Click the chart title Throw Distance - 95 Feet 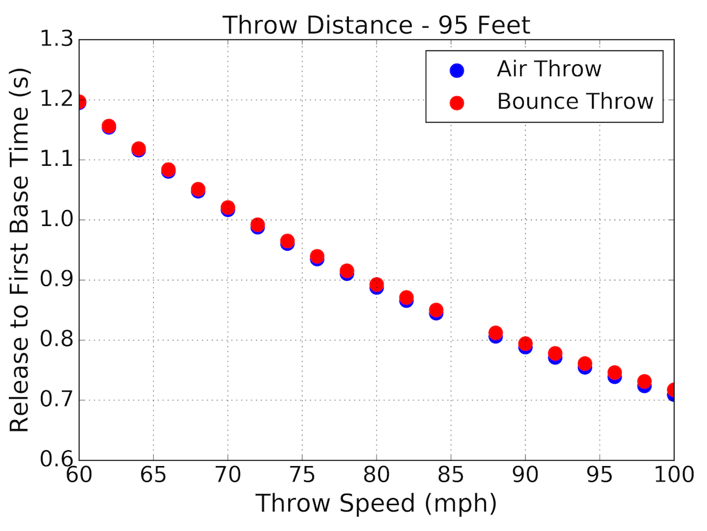click(376, 25)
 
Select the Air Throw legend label click(549, 69)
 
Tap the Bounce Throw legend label click(575, 101)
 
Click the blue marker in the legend click(457, 70)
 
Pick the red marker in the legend click(457, 103)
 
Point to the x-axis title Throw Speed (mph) click(376, 504)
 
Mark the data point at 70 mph click(227, 208)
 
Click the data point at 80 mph click(376, 286)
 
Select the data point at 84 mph click(436, 311)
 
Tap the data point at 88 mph click(495, 334)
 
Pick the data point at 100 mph click(673, 391)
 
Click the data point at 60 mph click(79, 102)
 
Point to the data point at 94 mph click(584, 365)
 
